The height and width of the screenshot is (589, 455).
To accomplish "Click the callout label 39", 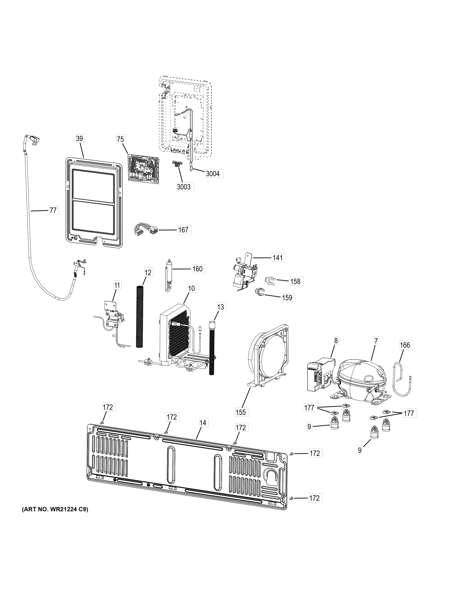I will tap(79, 139).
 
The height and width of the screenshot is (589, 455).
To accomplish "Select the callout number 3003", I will tap(183, 187).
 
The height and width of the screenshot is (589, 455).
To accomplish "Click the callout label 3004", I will tap(213, 174).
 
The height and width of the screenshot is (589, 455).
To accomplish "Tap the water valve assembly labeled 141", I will tap(243, 275).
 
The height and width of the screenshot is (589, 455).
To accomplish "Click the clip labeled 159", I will tap(260, 292).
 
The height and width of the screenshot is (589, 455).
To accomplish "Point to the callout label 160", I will tap(197, 269).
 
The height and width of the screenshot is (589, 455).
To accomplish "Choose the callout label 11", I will tap(117, 285).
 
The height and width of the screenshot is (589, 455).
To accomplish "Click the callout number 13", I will tap(221, 307).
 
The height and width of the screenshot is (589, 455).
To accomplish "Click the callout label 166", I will tap(405, 345).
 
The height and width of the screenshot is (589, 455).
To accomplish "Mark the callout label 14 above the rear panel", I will tap(203, 423).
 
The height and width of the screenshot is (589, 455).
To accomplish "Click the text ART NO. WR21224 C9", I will tap(55, 509).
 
